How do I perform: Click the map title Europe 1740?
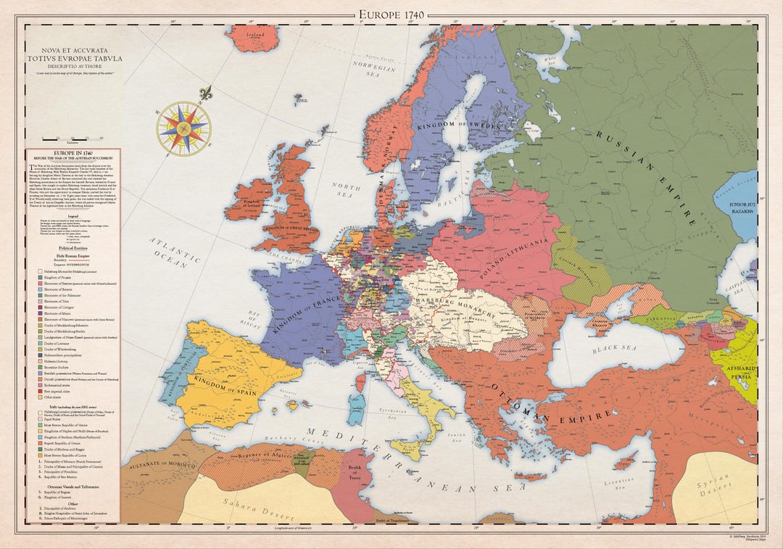tap(391, 14)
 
